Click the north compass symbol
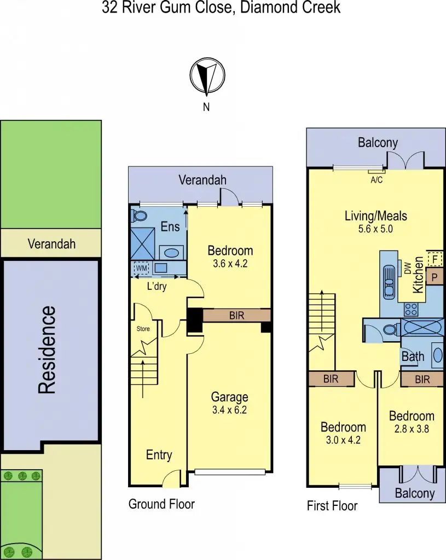pos(206,77)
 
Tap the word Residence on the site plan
pos(47,349)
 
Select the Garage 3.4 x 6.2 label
pos(230,403)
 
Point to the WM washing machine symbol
pos(142,269)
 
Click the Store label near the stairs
pos(143,329)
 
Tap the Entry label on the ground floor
pos(159,455)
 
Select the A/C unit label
pos(377,179)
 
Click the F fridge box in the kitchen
pos(434,258)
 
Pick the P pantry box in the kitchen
pos(434,277)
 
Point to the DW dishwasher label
pos(407,267)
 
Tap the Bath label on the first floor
pos(413,357)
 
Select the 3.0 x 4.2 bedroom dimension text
pos(343,440)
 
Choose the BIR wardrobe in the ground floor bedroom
pos(237,315)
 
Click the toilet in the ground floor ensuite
pos(137,216)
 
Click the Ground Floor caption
pos(161,504)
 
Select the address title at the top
pos(221,8)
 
